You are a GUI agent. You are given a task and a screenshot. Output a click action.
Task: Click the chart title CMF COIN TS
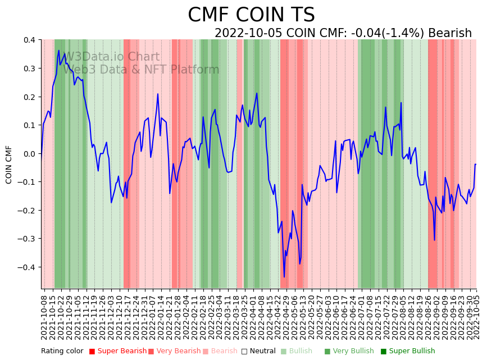click(x=251, y=15)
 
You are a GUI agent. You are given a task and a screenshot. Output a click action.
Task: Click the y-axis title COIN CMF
click(x=9, y=165)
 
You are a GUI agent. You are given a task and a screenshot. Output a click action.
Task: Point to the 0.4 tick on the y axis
click(x=29, y=40)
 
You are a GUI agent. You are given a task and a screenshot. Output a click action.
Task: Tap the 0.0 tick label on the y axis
click(x=29, y=153)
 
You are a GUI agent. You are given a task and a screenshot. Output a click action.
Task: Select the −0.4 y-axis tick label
click(x=26, y=267)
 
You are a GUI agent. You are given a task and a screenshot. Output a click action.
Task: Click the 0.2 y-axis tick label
click(x=29, y=97)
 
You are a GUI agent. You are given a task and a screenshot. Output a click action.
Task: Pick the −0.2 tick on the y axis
click(x=26, y=210)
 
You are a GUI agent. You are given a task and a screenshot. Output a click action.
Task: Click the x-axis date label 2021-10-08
click(x=44, y=316)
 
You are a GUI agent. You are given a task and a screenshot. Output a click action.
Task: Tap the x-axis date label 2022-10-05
click(x=477, y=316)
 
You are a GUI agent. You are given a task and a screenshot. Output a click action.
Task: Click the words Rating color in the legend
click(x=62, y=352)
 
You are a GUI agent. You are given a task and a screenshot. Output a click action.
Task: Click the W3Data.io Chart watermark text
click(x=112, y=57)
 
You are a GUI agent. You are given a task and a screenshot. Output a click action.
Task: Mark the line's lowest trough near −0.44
click(x=284, y=277)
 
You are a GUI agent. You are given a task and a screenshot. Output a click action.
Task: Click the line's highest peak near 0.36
click(x=58, y=51)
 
